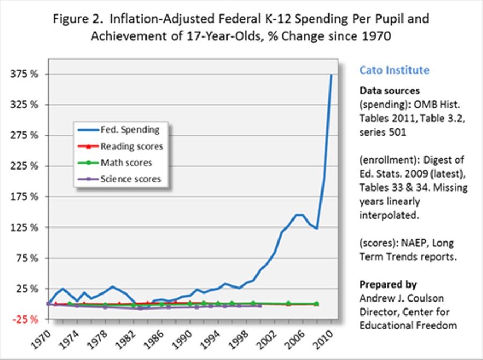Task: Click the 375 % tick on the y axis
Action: click(x=26, y=74)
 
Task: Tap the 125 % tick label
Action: click(x=26, y=227)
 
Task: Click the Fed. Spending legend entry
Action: click(x=129, y=129)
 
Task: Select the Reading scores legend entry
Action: click(x=131, y=146)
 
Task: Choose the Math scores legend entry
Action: click(x=126, y=163)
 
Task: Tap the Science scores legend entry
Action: click(x=130, y=179)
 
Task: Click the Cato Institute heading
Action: click(x=394, y=70)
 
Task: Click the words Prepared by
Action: click(x=388, y=284)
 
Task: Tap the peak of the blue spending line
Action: click(x=331, y=75)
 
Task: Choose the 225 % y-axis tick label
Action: click(x=26, y=166)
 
